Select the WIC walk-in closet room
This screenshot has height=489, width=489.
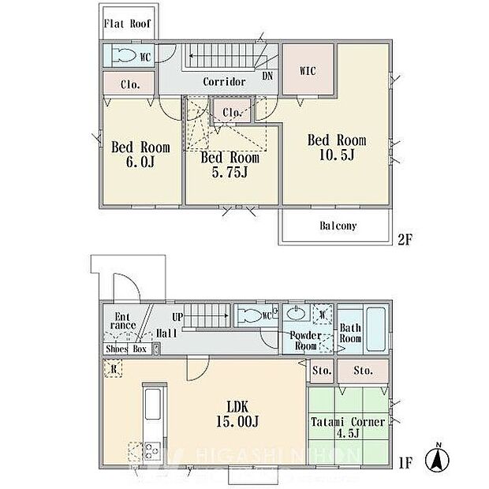click(x=308, y=71)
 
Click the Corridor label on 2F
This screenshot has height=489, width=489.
click(x=224, y=82)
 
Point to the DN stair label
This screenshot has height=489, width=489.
click(x=267, y=77)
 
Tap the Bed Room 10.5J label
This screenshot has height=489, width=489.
click(x=337, y=147)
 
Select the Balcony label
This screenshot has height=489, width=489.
click(x=338, y=226)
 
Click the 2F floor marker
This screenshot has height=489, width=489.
click(x=405, y=241)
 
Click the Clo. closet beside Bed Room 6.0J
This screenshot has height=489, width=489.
click(x=129, y=84)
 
